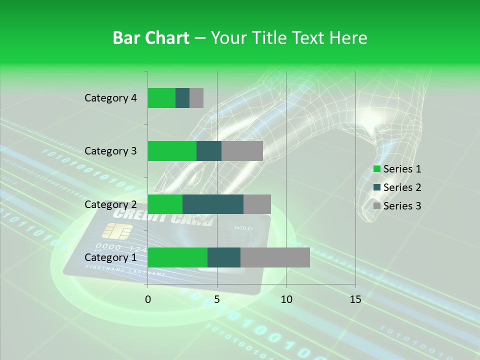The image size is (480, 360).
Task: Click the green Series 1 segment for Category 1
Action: coord(177,257)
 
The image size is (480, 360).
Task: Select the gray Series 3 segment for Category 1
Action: coord(275,257)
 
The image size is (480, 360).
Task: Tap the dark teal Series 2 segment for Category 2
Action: coord(213,204)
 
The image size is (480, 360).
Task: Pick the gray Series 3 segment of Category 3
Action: coord(242,151)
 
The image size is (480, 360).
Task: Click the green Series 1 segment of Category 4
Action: coord(161,98)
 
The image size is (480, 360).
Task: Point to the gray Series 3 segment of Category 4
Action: coord(196,98)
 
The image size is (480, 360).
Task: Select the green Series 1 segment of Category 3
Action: coord(172,151)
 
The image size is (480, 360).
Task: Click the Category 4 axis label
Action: coord(110,98)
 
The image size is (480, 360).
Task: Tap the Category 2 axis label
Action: coord(110,204)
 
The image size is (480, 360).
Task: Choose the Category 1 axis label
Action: coord(110,257)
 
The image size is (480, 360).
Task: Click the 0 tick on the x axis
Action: coord(148,299)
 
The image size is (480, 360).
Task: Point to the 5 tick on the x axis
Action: coord(217,299)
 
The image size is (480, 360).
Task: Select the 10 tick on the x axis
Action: coord(286,299)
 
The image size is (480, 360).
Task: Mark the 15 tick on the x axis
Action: coord(355,299)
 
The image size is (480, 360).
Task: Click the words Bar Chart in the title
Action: coord(150,37)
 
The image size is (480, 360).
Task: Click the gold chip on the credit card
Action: coord(117,231)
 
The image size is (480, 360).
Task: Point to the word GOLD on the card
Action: coord(243,228)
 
